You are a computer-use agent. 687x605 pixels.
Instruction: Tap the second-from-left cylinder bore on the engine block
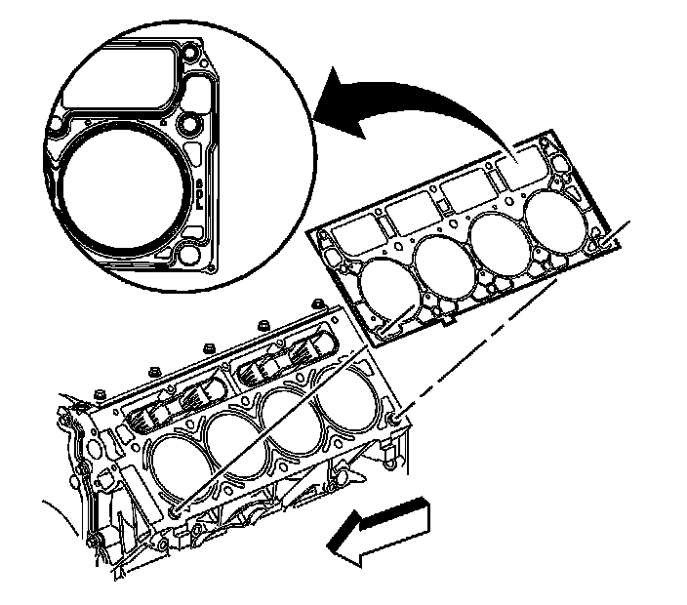(x=233, y=445)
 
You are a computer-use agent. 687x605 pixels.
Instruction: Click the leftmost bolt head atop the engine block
(x=101, y=395)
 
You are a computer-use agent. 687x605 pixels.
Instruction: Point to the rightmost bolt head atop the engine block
(x=317, y=306)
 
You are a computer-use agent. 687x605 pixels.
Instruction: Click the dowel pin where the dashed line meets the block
(x=395, y=419)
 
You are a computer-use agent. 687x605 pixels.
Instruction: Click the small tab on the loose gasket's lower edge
(x=445, y=319)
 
